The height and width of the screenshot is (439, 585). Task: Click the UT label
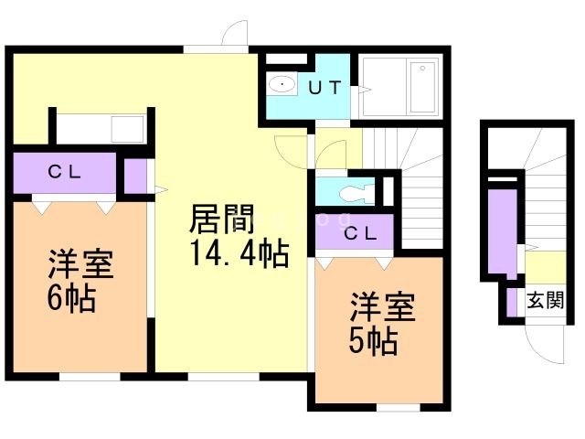[324, 88]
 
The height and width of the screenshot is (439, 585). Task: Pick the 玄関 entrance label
[545, 301]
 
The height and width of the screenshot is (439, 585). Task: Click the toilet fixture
[352, 194]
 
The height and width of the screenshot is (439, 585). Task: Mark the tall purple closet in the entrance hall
[501, 230]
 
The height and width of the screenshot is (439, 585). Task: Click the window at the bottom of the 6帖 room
[90, 375]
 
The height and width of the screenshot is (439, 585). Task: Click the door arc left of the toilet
[295, 150]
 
